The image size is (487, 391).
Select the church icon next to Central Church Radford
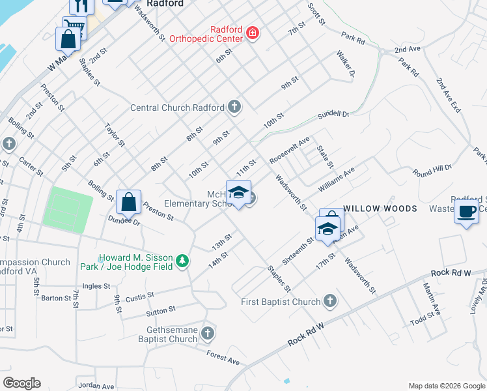pyautogui.click(x=234, y=107)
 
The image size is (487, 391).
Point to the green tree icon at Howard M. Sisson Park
pyautogui.click(x=184, y=261)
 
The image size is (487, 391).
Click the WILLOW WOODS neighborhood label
pyautogui.click(x=380, y=209)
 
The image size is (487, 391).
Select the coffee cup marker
pyautogui.click(x=467, y=212)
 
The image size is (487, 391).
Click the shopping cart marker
pyautogui.click(x=74, y=26)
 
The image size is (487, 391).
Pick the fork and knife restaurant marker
pyautogui.click(x=81, y=5)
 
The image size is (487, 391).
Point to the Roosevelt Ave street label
pyautogui.click(x=290, y=150)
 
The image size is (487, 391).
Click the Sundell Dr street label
pyautogui.click(x=333, y=115)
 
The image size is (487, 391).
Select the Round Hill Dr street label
pyautogui.click(x=432, y=170)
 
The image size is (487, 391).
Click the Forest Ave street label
pyautogui.click(x=223, y=357)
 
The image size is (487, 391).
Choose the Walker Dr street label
pyautogui.click(x=345, y=65)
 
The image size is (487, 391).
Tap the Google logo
pyautogui.click(x=21, y=383)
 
